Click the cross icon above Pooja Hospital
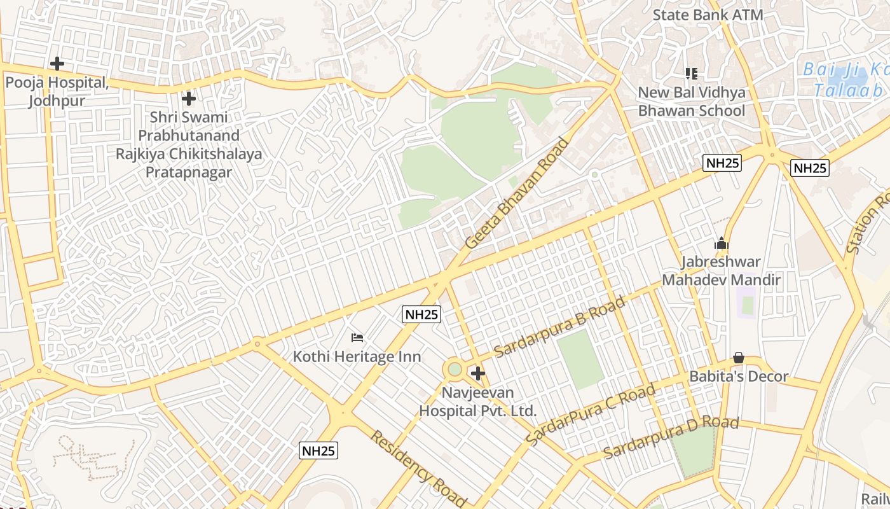tap(57, 64)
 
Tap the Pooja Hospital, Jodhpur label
tap(57, 92)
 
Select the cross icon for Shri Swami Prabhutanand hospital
tap(188, 99)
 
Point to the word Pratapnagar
tap(189, 172)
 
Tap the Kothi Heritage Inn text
tap(357, 356)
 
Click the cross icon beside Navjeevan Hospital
tap(478, 373)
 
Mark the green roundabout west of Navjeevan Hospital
tap(454, 369)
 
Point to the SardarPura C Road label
tap(591, 415)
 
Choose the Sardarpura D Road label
tap(671, 437)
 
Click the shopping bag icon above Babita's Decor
tap(739, 358)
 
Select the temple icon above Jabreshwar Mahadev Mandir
tap(721, 243)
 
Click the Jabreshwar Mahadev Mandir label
tap(721, 271)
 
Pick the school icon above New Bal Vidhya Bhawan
tap(691, 74)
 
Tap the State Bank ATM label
tap(708, 15)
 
